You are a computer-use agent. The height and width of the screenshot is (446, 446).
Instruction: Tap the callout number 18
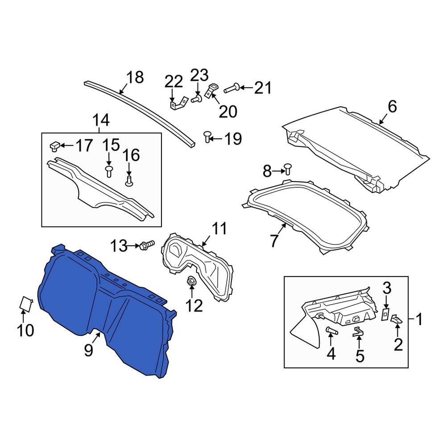click(x=135, y=77)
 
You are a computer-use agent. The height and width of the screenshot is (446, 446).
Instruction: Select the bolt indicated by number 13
click(x=147, y=245)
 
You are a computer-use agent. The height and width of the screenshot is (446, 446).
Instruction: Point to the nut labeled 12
click(x=190, y=281)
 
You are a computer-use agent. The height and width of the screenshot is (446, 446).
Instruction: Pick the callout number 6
click(x=392, y=107)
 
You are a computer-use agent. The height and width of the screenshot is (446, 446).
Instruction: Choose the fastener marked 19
click(x=208, y=136)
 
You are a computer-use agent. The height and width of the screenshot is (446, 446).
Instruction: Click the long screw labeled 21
click(x=232, y=88)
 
